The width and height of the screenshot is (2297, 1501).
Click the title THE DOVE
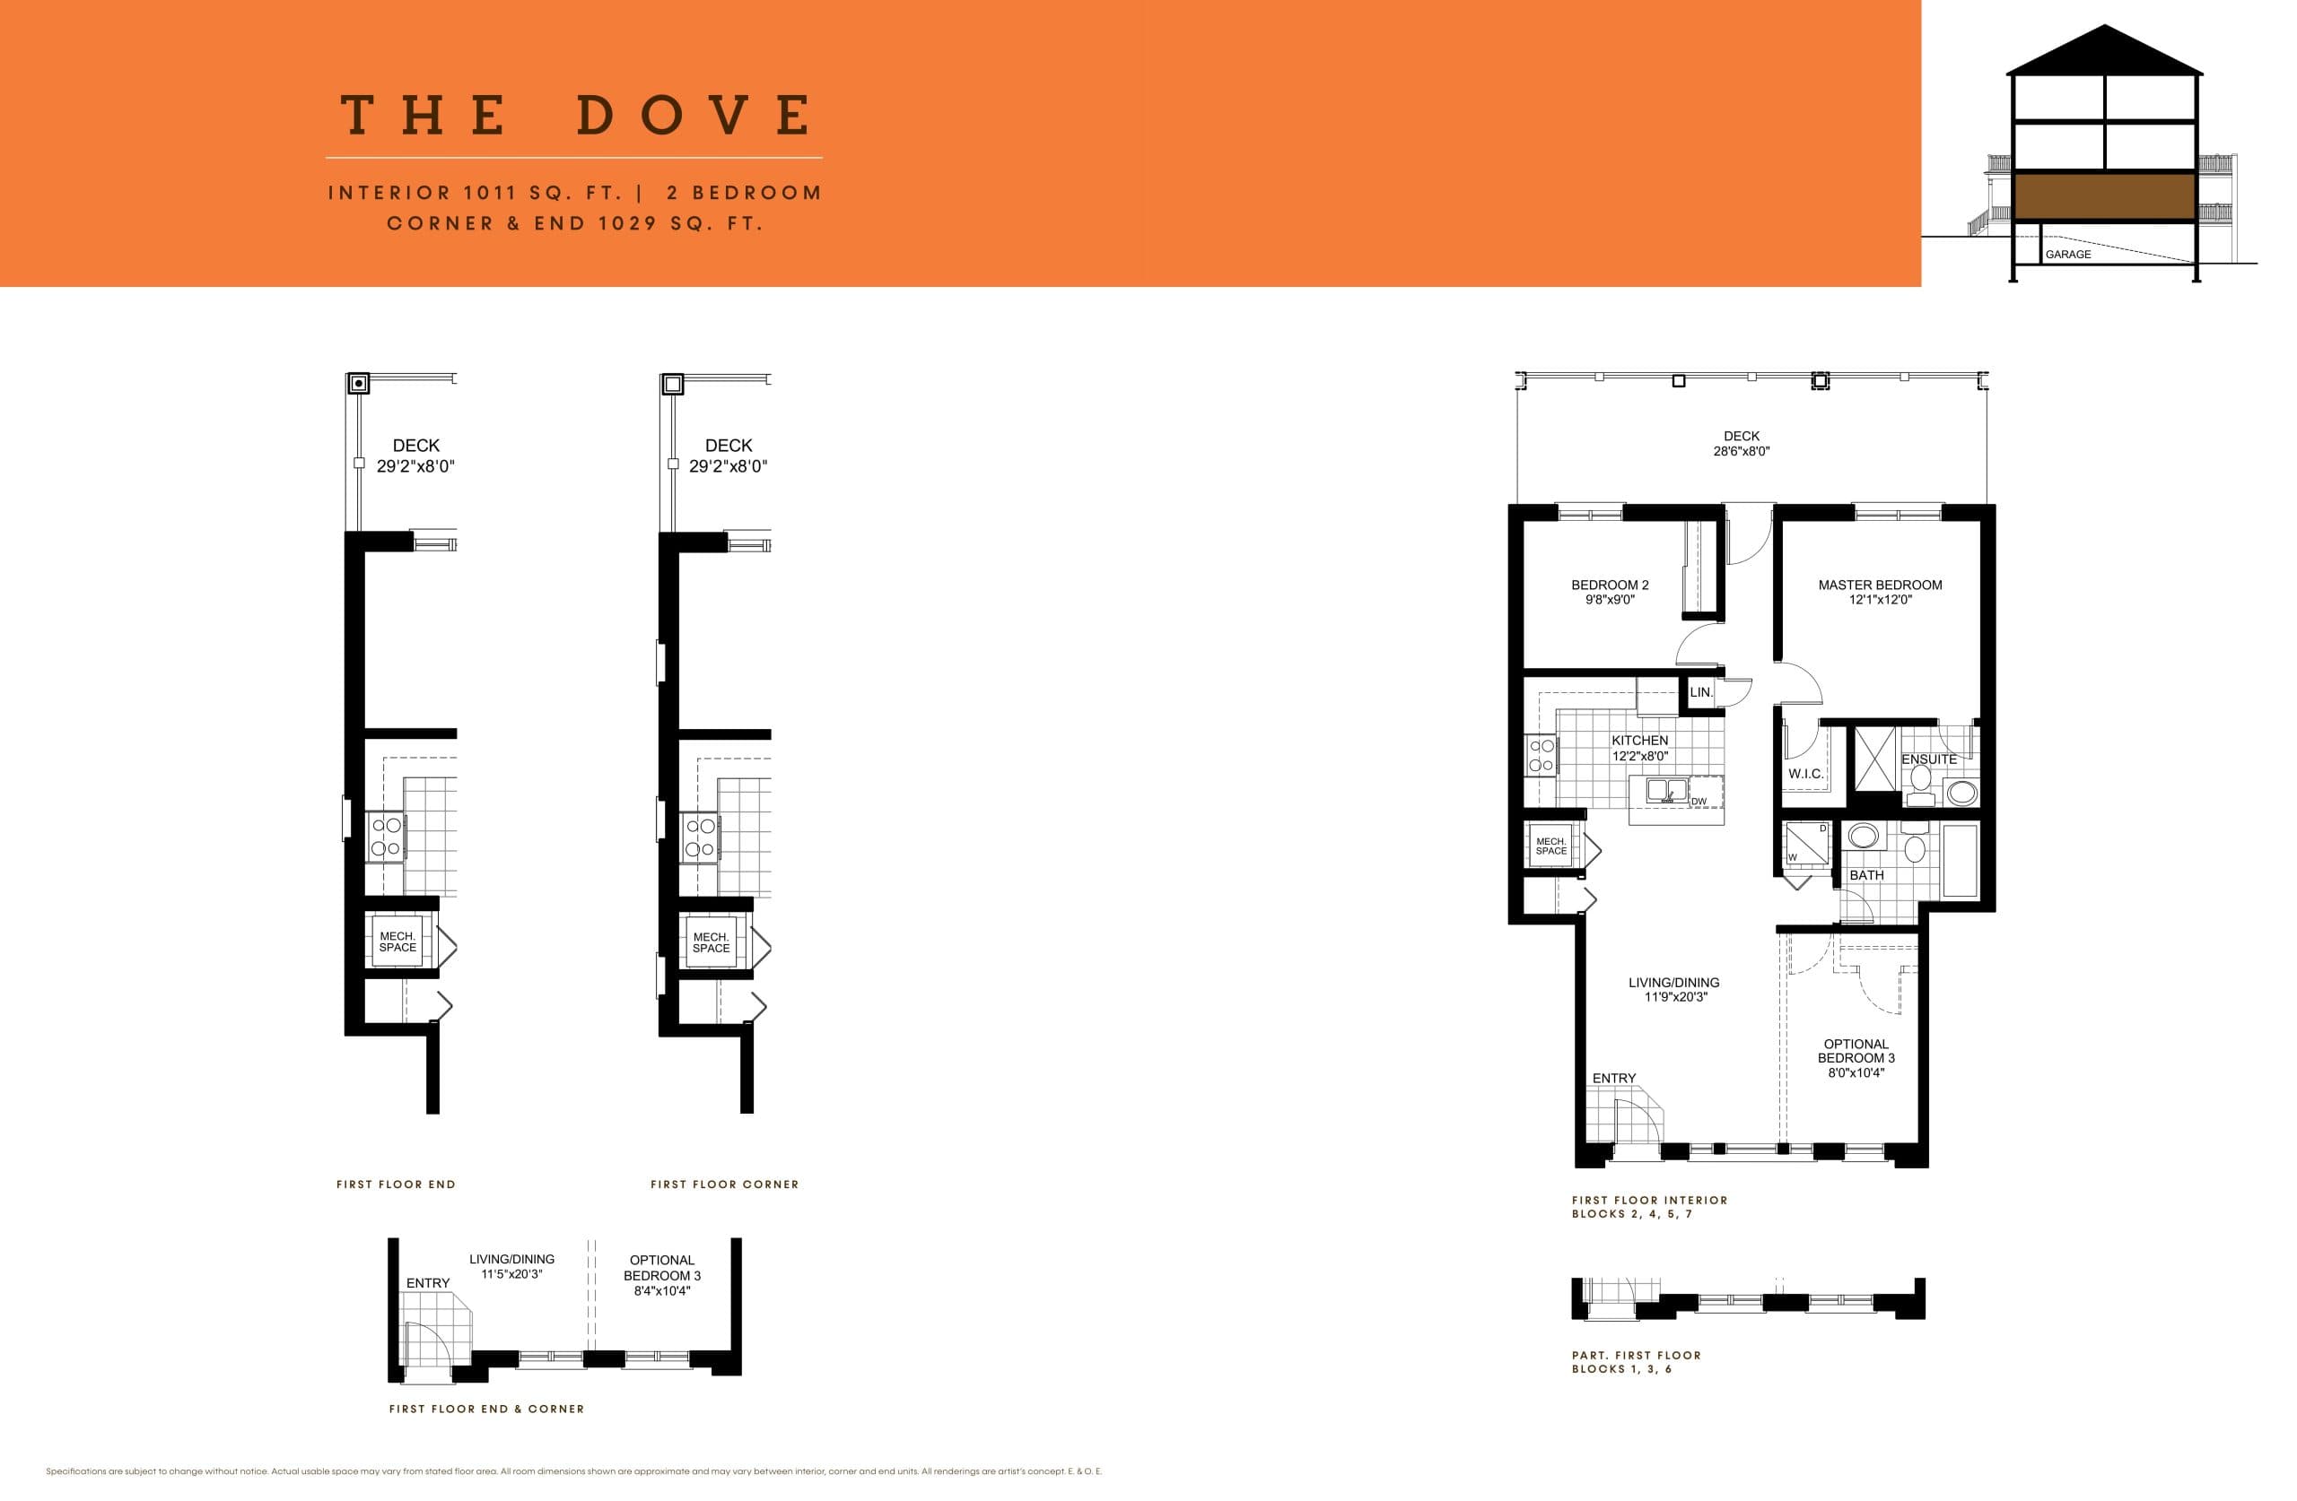pyautogui.click(x=577, y=116)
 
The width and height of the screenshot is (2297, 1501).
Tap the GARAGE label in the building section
pyautogui.click(x=2067, y=255)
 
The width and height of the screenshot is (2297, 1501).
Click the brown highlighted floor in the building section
pyautogui.click(x=2104, y=196)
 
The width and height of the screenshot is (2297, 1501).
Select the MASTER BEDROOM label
pyautogui.click(x=1879, y=585)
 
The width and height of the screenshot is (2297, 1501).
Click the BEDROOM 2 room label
pyautogui.click(x=1610, y=585)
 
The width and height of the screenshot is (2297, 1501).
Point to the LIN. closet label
pyautogui.click(x=1700, y=692)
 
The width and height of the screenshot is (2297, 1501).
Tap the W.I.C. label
pyautogui.click(x=1804, y=774)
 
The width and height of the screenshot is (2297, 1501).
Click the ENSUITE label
pyautogui.click(x=1928, y=759)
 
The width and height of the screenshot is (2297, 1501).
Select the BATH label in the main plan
pyautogui.click(x=1866, y=875)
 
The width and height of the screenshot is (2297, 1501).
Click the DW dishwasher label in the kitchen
pyautogui.click(x=1699, y=802)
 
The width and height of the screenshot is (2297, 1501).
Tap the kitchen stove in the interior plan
pyautogui.click(x=1542, y=755)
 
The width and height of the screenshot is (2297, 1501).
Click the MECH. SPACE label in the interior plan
pyautogui.click(x=1551, y=846)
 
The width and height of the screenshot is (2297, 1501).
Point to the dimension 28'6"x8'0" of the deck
pyautogui.click(x=1741, y=451)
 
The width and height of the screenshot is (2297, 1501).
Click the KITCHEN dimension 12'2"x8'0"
pyautogui.click(x=1639, y=756)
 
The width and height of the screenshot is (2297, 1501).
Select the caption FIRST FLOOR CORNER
pyautogui.click(x=724, y=1184)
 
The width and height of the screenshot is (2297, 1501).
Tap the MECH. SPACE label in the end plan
pyautogui.click(x=397, y=941)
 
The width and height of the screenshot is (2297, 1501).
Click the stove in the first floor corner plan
pyautogui.click(x=699, y=837)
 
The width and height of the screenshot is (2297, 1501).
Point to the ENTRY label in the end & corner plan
pyautogui.click(x=428, y=1283)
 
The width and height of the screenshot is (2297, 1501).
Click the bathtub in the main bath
pyautogui.click(x=1960, y=860)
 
